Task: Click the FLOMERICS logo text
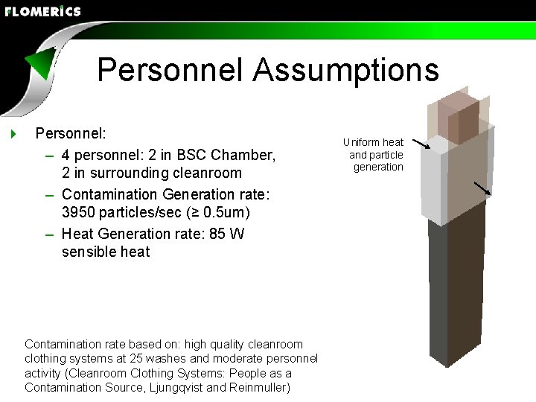pos(42,11)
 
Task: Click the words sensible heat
pos(106,252)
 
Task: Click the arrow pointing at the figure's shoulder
pos(421,144)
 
